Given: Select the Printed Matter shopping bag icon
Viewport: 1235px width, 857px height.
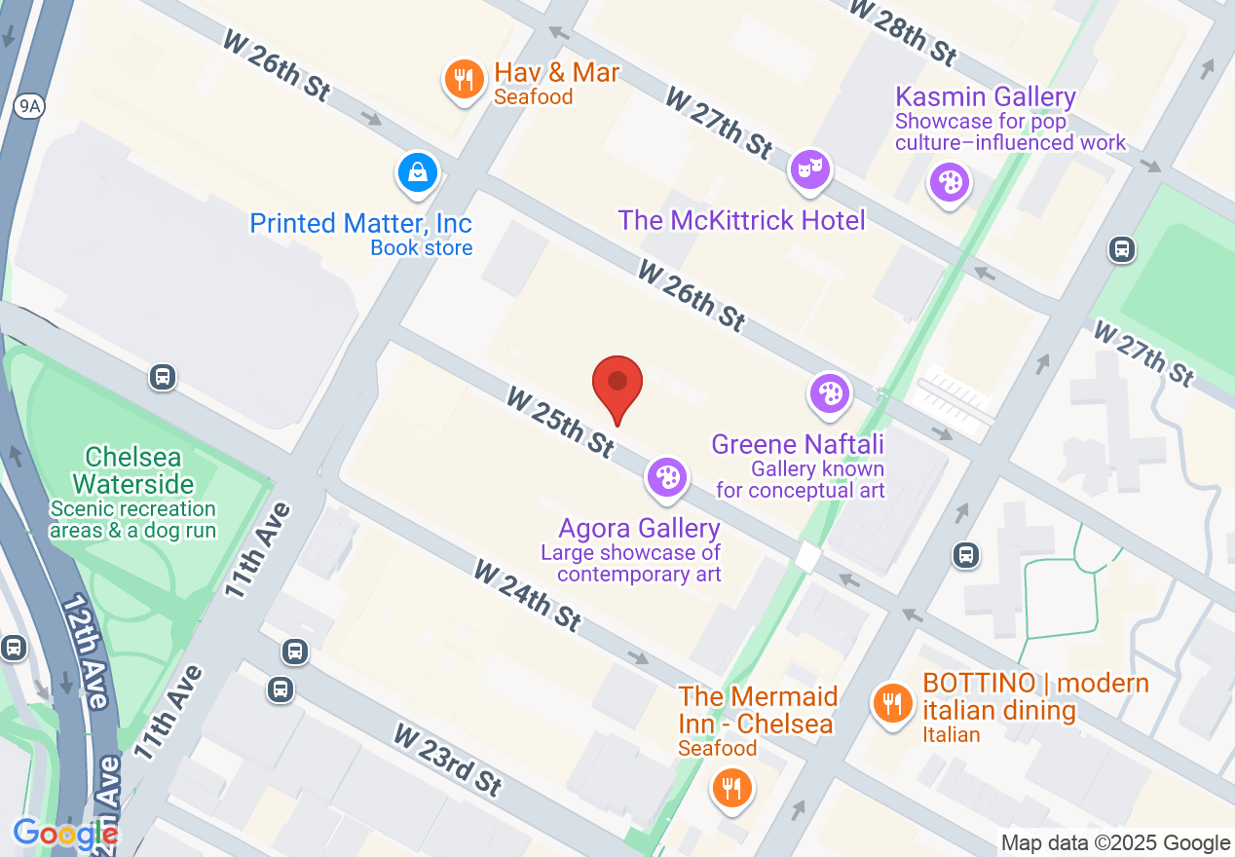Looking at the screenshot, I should pos(418,172).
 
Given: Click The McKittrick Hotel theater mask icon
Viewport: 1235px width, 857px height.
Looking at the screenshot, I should pos(809,169).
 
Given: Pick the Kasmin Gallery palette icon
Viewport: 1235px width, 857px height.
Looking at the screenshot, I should pos(949,180).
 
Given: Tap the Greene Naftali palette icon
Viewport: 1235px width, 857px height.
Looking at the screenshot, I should pos(830,393).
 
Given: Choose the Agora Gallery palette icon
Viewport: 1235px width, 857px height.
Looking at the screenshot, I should pos(667,477).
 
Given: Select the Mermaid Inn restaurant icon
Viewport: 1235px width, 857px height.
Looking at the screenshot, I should pos(731,786).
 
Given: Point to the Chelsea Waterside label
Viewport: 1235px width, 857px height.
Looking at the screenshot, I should pos(133,470).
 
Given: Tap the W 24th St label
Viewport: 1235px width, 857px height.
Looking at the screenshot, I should pos(528,594).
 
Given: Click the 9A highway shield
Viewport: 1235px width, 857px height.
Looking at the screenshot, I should pos(27,107).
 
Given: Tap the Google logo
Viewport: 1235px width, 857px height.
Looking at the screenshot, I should pos(65,834).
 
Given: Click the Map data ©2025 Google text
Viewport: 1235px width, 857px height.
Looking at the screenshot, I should pos(1116,843).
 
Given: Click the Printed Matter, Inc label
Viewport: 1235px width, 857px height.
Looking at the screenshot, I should pos(361,223).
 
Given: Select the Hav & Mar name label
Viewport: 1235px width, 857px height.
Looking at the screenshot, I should pos(556,72).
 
